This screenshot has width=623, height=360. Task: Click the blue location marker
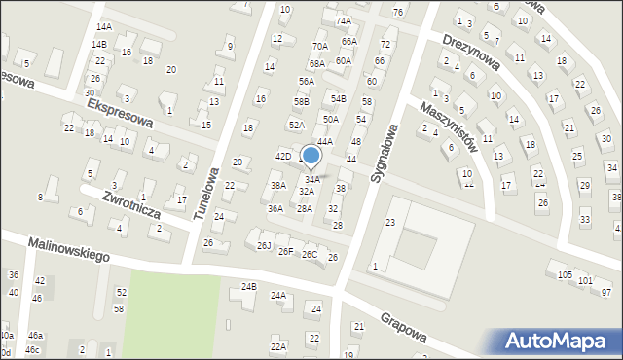(311, 155)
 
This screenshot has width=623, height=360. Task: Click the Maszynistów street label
(449, 126)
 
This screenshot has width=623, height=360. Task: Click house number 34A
(312, 179)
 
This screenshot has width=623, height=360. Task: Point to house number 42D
(283, 156)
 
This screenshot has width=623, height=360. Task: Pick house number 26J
(263, 245)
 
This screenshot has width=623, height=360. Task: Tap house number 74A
(343, 20)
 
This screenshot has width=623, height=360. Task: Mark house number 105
(565, 275)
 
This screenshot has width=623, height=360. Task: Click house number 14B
(98, 44)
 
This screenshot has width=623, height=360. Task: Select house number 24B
(249, 286)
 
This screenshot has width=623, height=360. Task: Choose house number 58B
(302, 101)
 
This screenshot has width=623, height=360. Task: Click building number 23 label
(389, 223)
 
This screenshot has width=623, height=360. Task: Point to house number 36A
(275, 208)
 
